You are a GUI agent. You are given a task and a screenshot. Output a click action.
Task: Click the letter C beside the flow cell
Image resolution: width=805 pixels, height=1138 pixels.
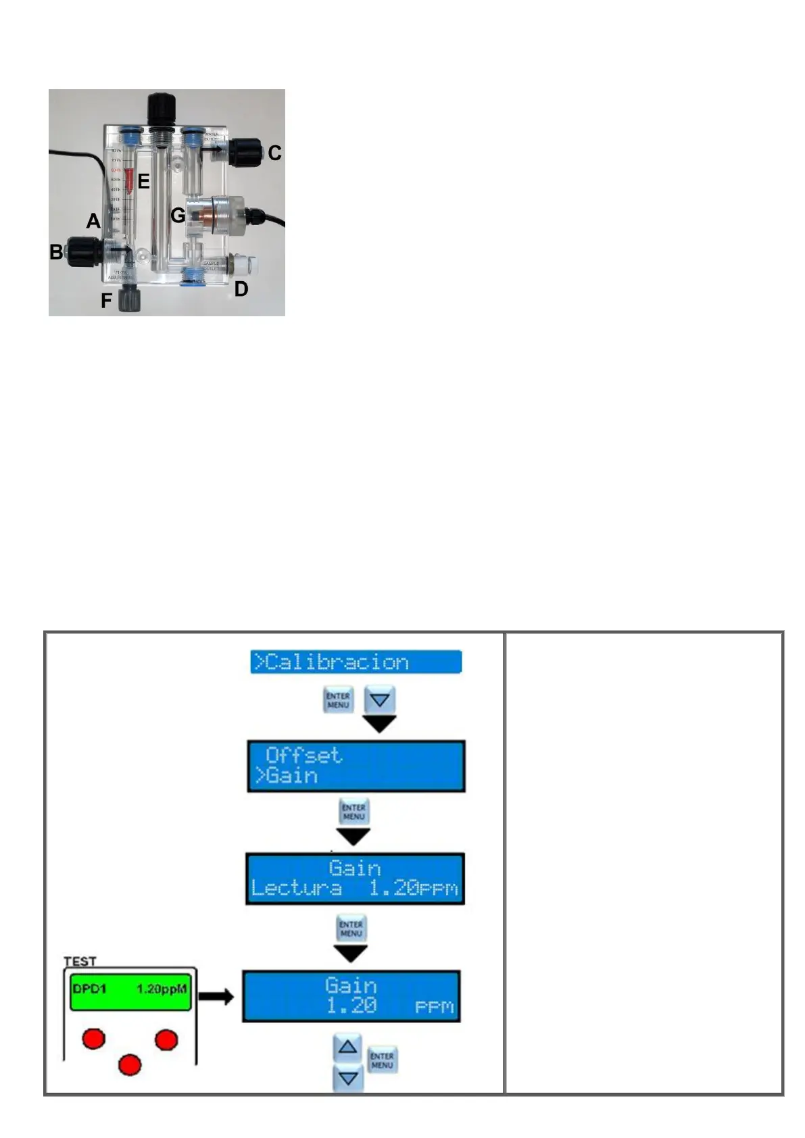point(274,153)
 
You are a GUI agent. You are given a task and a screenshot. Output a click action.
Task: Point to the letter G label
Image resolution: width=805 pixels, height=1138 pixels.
point(178,216)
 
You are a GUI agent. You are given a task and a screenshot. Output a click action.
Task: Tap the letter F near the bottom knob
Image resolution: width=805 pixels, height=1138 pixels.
point(107,301)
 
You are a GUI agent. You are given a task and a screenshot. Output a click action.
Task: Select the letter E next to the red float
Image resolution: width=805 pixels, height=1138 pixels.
point(143,182)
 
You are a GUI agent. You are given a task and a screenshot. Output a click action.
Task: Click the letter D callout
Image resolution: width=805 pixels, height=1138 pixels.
point(241,289)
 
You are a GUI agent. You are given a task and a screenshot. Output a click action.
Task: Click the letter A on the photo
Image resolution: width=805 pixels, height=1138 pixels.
point(93,221)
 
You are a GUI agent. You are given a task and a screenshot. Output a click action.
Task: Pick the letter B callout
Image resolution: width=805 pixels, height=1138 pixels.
point(56,252)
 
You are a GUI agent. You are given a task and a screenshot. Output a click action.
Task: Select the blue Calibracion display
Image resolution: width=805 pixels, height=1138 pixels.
point(356,662)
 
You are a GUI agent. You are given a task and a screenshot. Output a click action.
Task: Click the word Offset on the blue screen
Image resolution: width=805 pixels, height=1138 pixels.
point(303,755)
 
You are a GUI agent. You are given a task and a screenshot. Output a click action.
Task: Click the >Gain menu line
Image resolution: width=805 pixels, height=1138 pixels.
point(286,776)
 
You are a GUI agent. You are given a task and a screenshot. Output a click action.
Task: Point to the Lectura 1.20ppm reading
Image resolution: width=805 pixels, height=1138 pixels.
point(354,888)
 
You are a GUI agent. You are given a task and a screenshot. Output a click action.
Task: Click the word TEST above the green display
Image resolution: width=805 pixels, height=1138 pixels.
point(80,961)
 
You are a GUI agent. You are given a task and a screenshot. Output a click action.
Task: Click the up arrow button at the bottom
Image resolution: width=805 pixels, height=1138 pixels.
point(347,1048)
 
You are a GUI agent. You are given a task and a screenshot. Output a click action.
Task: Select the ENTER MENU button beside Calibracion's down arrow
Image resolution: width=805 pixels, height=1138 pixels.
point(338,700)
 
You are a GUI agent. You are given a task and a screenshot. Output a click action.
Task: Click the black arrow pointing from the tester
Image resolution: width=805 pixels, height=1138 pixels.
point(216,997)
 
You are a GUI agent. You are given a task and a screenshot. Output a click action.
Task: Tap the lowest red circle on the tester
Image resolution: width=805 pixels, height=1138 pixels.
point(130,1065)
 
